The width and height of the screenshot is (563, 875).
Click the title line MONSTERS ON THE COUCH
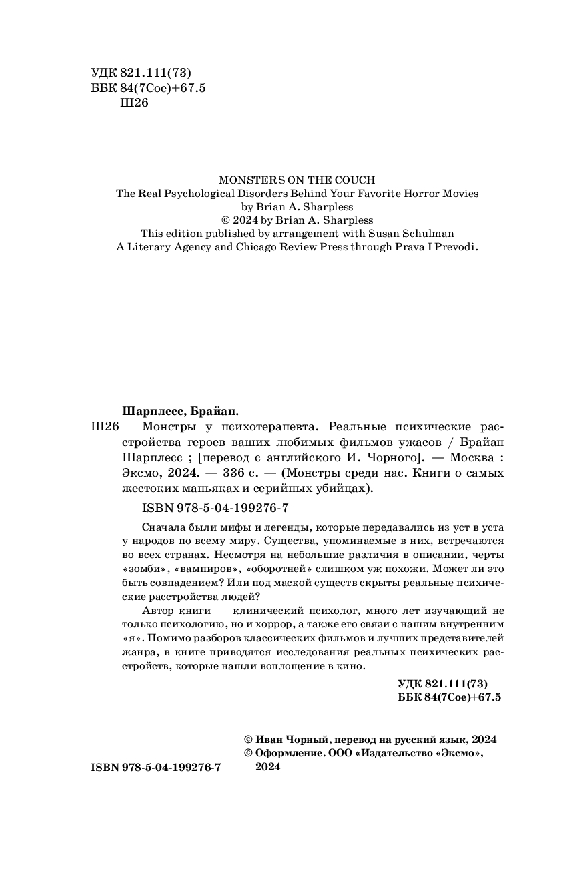(x=298, y=180)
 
